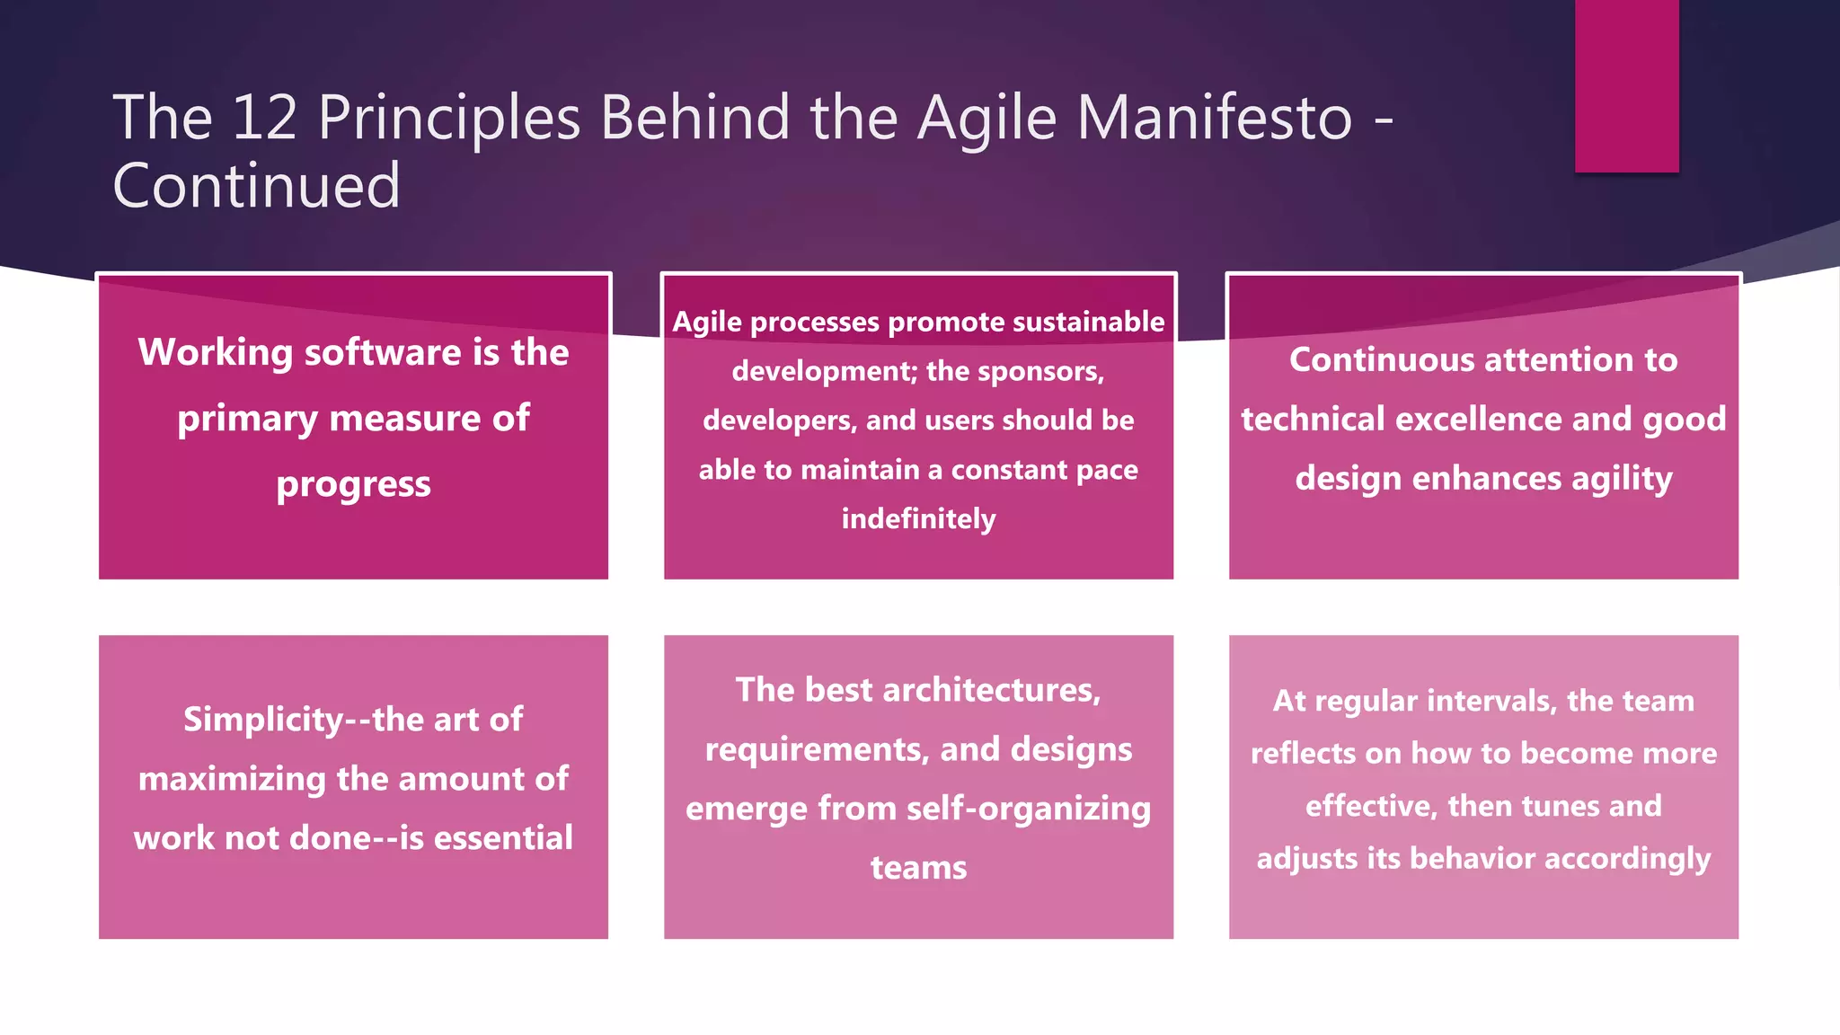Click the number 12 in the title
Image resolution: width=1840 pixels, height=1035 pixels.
(264, 118)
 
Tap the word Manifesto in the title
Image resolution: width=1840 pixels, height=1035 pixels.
(1214, 118)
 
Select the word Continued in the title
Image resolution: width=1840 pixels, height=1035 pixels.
(256, 186)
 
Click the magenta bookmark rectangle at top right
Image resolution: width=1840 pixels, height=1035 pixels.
(1626, 85)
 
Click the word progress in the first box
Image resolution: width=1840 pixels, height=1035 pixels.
(353, 485)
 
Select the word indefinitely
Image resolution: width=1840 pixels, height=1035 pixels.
(918, 519)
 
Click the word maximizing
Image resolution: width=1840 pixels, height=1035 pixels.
(232, 779)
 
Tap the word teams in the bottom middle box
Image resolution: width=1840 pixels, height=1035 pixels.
(918, 868)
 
